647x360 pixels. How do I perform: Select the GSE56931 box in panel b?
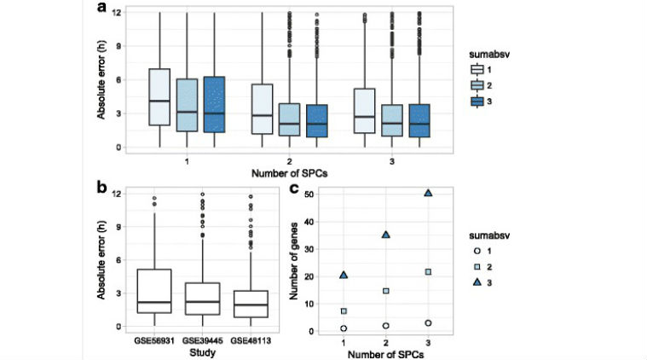click(x=154, y=291)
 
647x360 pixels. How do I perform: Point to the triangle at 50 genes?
click(x=428, y=193)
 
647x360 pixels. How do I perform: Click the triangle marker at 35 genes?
click(x=386, y=235)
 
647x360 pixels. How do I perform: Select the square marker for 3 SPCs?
click(x=428, y=272)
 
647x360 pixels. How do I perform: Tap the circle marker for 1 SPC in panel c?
click(x=344, y=328)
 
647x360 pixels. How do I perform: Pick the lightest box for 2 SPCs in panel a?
click(x=263, y=108)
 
